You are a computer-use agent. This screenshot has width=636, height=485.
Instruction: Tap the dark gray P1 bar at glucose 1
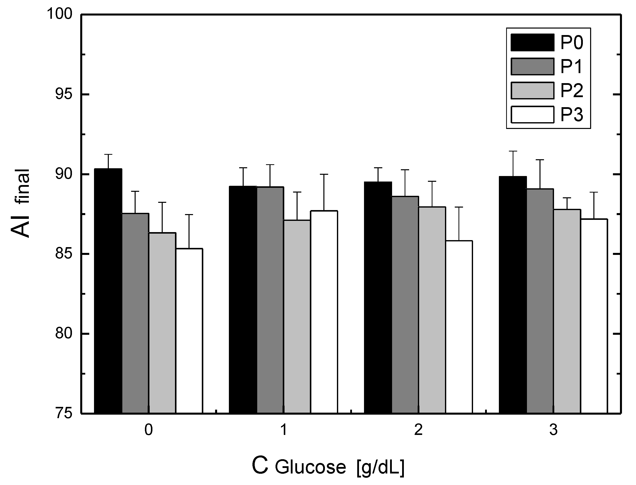270,300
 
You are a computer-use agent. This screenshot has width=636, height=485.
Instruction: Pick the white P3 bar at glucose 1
324,312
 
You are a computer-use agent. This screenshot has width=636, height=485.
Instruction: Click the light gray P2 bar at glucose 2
432,310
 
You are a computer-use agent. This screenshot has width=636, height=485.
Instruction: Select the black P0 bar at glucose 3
513,294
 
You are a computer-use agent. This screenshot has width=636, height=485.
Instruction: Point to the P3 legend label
572,115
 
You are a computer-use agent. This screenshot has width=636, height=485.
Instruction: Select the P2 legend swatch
532,91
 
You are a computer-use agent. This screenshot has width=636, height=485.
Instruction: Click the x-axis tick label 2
418,430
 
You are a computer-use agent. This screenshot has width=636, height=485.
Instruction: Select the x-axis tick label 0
148,430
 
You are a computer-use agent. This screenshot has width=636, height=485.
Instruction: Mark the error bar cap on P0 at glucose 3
513,151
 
